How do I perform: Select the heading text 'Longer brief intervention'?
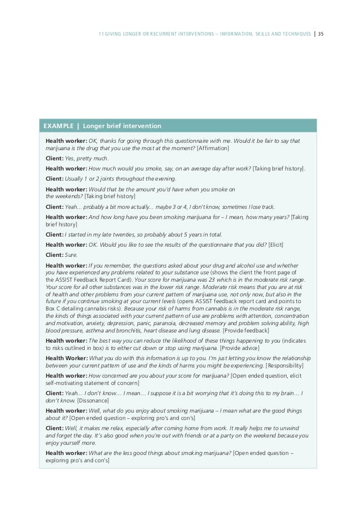(x=122, y=125)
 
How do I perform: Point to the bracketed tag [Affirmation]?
(x=213, y=148)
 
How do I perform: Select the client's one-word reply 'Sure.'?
(x=71, y=255)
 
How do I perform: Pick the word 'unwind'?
(x=296, y=428)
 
